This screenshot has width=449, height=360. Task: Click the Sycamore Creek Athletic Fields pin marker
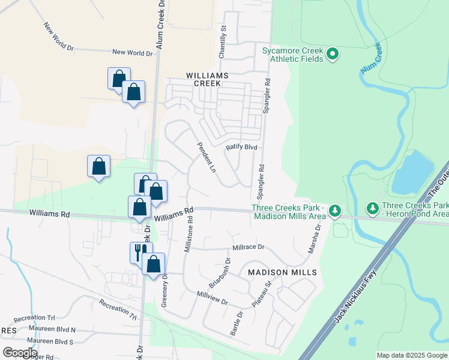333,55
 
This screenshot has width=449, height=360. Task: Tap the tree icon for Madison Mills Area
335,211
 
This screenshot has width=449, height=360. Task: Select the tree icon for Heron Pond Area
373,208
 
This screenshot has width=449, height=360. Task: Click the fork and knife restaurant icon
138,251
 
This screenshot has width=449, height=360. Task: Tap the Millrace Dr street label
248,247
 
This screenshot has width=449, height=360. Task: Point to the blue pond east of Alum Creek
412,170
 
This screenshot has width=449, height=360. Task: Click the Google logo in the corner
20,352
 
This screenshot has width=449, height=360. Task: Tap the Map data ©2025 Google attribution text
411,355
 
